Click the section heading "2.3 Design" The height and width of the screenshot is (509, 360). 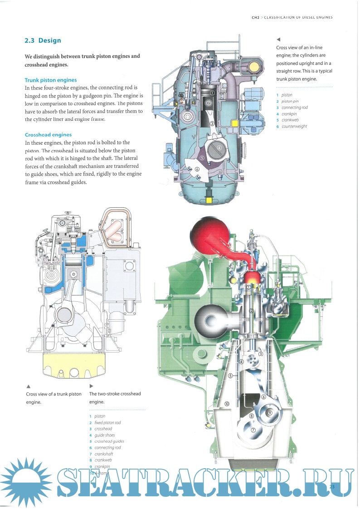(43, 40)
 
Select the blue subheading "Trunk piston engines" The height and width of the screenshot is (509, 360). (51, 80)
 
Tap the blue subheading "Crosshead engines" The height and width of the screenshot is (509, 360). (48, 135)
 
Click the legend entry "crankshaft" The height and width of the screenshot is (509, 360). (104, 454)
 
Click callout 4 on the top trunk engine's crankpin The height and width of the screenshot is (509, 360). (219, 148)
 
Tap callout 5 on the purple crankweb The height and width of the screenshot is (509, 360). (202, 158)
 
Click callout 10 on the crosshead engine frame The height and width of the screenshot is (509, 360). (227, 403)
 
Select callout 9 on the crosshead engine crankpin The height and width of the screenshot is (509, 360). (269, 412)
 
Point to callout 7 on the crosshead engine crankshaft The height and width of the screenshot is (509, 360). (253, 430)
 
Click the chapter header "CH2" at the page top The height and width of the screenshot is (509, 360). (255, 18)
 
